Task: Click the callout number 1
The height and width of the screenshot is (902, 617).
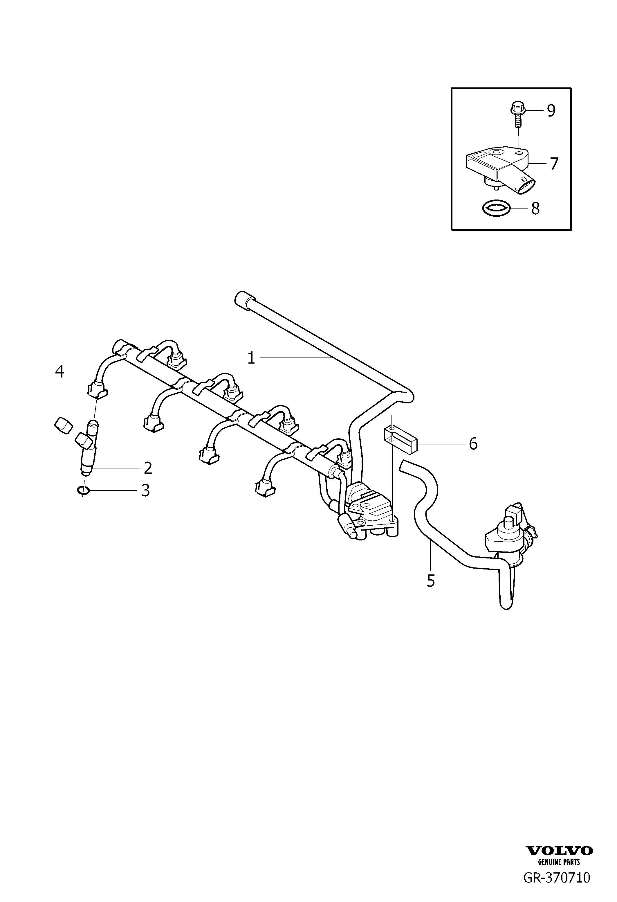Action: tap(251, 358)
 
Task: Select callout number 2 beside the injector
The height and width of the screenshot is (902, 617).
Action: tap(148, 468)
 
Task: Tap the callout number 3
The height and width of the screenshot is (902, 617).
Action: tap(145, 490)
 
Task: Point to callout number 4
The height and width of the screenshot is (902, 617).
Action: tap(59, 372)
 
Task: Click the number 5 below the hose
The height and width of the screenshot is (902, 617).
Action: tap(430, 592)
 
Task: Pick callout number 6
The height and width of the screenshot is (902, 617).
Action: tap(473, 444)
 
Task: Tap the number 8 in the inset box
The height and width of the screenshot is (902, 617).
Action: tap(535, 209)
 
